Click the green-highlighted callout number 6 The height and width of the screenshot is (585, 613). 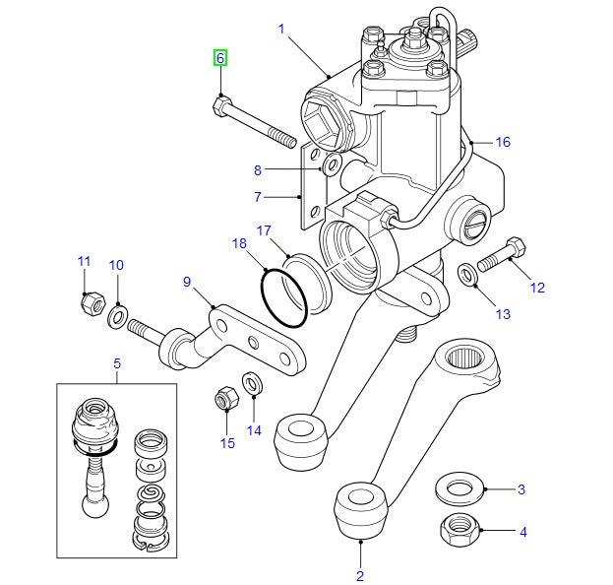(220, 58)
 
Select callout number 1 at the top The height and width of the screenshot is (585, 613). (281, 30)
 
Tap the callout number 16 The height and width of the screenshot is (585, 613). (503, 142)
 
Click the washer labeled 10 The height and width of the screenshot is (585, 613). (116, 315)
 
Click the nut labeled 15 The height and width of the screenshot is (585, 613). (225, 400)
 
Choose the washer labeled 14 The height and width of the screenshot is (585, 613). (251, 382)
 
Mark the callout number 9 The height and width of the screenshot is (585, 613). (186, 281)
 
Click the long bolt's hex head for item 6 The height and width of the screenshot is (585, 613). (221, 103)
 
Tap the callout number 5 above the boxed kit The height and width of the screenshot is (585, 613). (116, 364)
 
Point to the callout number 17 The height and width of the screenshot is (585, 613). (265, 230)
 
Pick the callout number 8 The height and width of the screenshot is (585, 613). (258, 169)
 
